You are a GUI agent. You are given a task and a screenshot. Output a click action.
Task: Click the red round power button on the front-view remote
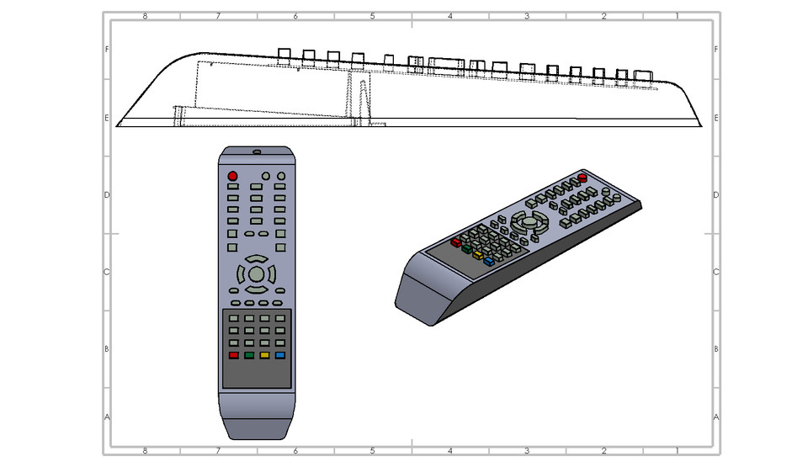pyautogui.click(x=232, y=176)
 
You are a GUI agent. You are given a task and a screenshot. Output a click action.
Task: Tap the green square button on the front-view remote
pyautogui.click(x=249, y=356)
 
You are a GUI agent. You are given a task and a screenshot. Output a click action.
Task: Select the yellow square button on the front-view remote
pyautogui.click(x=264, y=356)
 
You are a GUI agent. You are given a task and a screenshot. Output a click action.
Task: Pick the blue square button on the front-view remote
pyautogui.click(x=280, y=356)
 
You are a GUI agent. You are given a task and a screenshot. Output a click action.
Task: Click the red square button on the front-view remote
pyautogui.click(x=233, y=356)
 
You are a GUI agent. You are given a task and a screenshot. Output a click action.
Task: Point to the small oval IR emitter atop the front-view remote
pyautogui.click(x=257, y=152)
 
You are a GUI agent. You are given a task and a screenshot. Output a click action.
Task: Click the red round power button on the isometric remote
pyautogui.click(x=582, y=178)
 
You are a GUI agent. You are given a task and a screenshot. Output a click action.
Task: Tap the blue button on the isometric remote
pyautogui.click(x=488, y=260)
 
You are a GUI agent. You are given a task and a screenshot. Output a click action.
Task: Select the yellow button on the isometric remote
pyautogui.click(x=477, y=254)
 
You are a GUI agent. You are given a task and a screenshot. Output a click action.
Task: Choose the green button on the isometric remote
pyautogui.click(x=466, y=248)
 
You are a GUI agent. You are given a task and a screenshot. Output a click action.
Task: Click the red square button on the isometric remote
pyautogui.click(x=455, y=242)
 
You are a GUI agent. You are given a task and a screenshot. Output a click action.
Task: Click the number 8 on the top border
pyautogui.click(x=145, y=16)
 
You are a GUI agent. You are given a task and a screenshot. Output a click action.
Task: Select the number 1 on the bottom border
pyautogui.click(x=678, y=450)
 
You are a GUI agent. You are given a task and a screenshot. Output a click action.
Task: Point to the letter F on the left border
pyautogui.click(x=106, y=50)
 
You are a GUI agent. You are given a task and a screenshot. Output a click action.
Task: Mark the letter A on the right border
pyautogui.click(x=715, y=417)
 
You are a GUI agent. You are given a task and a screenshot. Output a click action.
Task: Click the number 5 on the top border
pyautogui.click(x=372, y=16)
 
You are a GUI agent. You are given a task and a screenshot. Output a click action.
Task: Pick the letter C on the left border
pyautogui.click(x=106, y=272)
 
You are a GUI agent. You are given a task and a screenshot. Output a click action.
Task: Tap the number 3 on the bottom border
pyautogui.click(x=527, y=450)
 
